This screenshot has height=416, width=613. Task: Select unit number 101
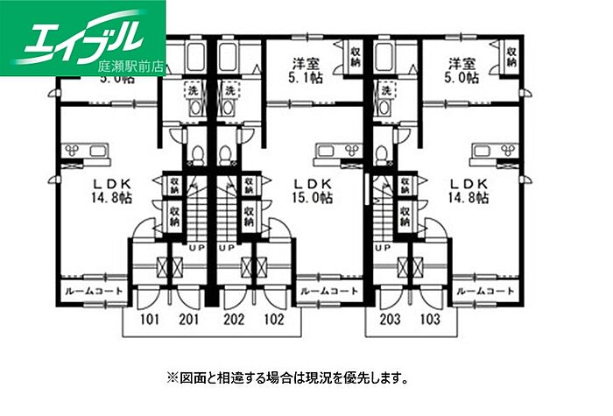(x=148, y=319)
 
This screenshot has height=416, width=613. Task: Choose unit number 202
(x=234, y=319)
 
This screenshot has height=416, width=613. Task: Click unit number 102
(x=274, y=319)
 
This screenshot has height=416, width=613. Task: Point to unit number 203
(x=391, y=319)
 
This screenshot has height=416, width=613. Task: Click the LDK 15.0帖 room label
(x=312, y=190)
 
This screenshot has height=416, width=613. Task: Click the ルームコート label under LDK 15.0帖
(x=328, y=291)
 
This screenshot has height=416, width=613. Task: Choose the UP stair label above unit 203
(x=382, y=248)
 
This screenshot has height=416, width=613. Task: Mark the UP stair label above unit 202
(x=226, y=248)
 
